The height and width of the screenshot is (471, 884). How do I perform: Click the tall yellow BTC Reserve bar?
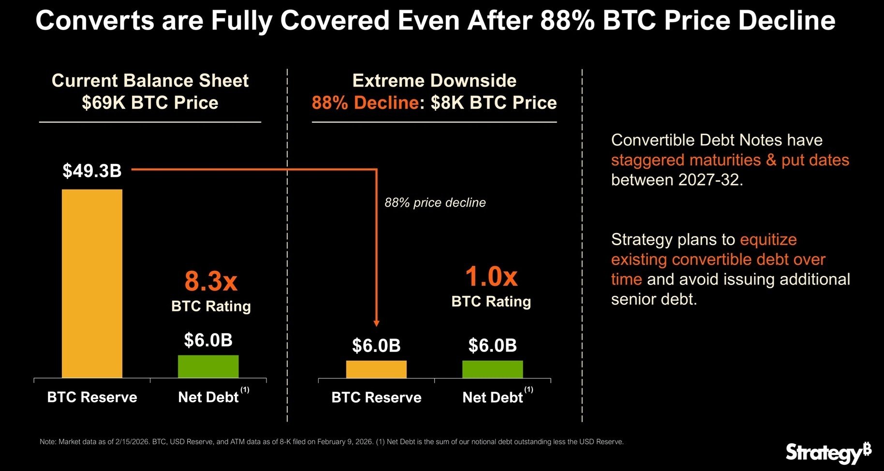click(92, 283)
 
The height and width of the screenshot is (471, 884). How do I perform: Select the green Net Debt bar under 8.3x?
click(208, 366)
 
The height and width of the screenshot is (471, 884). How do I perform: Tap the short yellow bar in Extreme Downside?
click(376, 369)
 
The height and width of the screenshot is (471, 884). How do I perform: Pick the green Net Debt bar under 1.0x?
click(492, 369)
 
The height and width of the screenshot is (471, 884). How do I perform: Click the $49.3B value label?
click(92, 171)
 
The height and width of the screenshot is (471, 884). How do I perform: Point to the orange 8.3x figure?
click(211, 281)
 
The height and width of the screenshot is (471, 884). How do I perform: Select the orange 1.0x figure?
click(491, 277)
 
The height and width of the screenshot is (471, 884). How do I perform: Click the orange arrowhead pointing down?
click(377, 323)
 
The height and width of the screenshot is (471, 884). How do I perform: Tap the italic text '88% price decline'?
click(435, 203)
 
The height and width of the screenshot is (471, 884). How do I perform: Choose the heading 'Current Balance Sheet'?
click(150, 81)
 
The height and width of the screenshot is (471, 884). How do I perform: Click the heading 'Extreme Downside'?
click(434, 81)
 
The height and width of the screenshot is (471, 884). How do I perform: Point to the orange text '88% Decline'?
click(365, 103)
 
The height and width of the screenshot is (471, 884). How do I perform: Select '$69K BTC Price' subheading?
click(150, 103)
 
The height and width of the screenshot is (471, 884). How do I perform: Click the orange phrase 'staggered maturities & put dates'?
click(730, 160)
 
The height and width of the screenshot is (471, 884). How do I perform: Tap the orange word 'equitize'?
click(768, 239)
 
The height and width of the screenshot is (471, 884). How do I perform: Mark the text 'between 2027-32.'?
click(677, 180)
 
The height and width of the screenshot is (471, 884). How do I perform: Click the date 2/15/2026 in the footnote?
click(132, 442)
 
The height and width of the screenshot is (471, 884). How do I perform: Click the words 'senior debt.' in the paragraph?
click(654, 299)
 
